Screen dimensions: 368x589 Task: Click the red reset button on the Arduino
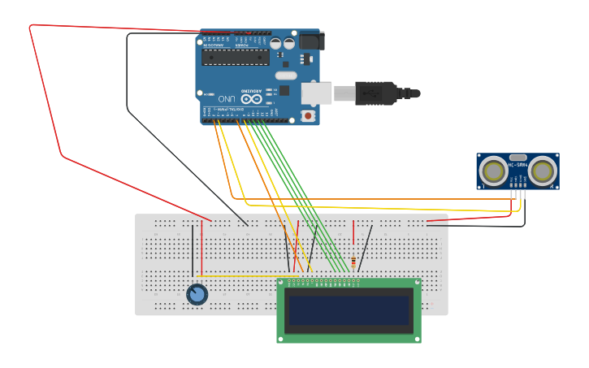[308, 115]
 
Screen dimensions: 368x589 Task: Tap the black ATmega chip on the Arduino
[235, 57]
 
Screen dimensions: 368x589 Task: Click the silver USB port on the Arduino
[317, 93]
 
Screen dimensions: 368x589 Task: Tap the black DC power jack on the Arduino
[311, 41]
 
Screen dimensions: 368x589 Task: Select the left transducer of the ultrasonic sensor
[493, 171]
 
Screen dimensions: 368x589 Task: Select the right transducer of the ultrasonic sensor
[542, 171]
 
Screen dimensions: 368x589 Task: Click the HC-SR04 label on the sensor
[518, 165]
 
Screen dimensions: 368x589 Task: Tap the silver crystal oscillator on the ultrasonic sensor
[518, 157]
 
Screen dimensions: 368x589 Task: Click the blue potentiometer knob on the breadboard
[197, 294]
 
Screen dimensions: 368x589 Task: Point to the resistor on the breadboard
[353, 262]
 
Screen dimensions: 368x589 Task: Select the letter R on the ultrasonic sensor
[552, 186]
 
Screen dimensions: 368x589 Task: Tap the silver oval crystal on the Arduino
[286, 76]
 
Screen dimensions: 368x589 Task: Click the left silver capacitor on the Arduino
[276, 43]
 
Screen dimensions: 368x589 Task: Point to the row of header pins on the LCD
[323, 283]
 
